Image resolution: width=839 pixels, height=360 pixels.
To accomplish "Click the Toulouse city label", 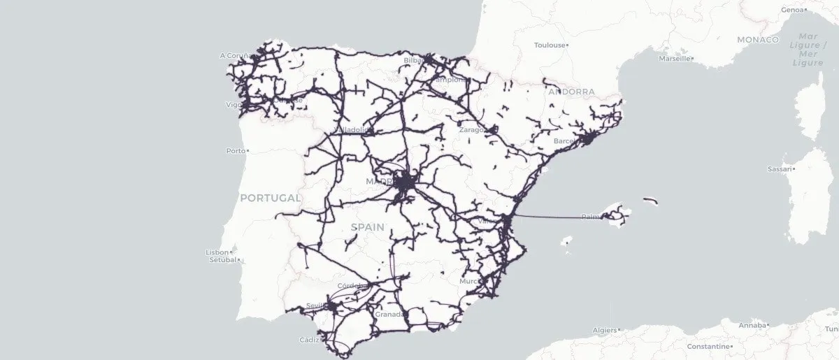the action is point(549,45).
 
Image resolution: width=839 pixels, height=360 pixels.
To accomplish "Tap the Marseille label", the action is point(674,59).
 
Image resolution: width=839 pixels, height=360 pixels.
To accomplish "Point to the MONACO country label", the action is point(757,40).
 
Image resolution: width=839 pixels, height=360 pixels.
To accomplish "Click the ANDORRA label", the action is point(571,92).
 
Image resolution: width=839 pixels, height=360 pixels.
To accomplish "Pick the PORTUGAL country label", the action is point(269,199).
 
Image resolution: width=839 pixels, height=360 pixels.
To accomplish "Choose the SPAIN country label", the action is point(367,227).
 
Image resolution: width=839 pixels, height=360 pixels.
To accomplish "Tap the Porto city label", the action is point(236,151).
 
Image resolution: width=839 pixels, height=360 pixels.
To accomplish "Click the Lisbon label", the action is point(217,252).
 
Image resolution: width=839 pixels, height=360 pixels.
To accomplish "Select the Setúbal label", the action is point(223,261).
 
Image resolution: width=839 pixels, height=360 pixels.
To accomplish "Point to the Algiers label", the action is point(604,330).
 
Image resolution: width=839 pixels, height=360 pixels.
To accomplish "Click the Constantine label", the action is point(708,347).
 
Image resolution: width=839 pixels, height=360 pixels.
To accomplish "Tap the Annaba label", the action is point(752,325).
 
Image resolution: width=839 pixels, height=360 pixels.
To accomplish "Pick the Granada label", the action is point(389,315).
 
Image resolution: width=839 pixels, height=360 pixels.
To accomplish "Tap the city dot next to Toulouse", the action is point(567,45).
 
